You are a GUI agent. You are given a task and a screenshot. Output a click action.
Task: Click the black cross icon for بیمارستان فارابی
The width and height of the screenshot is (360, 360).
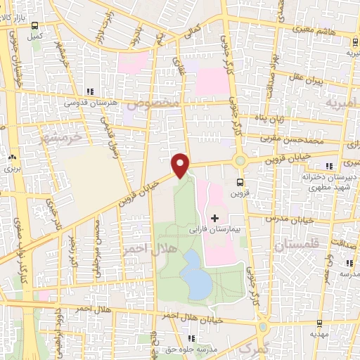click(x=215, y=218)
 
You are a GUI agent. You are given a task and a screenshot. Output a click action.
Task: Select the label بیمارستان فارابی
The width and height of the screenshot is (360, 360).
click(x=214, y=229)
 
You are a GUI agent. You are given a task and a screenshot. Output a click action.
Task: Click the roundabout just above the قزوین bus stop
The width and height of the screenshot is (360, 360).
click(x=240, y=161)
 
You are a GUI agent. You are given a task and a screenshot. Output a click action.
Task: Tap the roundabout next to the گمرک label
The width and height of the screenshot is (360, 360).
click(x=262, y=327)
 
